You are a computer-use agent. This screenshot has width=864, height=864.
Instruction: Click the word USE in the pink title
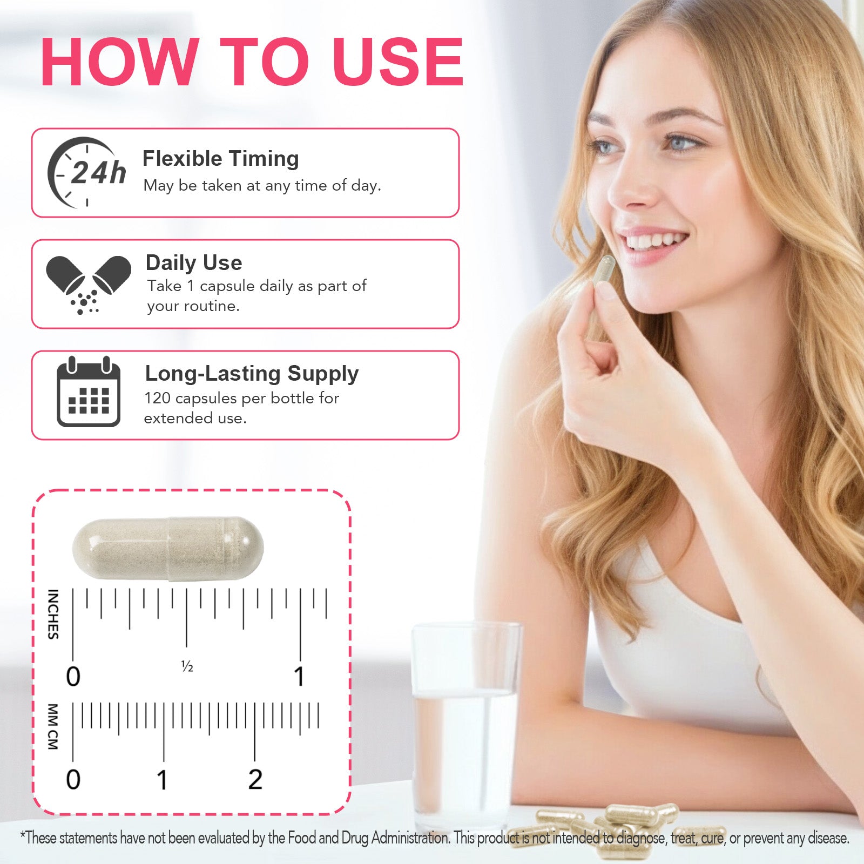pos(398,62)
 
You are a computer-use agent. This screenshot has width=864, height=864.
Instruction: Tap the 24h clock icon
pos(86,172)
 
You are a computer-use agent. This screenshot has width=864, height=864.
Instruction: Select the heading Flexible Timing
pos(220,159)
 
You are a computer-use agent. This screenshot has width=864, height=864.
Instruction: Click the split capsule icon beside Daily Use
pos(89,285)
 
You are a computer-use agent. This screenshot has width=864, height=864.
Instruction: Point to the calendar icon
pos(89,391)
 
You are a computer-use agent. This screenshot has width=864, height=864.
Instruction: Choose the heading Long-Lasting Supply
pos(252,374)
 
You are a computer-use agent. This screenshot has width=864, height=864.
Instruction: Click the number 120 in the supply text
pos(157,399)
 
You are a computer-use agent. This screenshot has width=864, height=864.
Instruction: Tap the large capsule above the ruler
pos(168,549)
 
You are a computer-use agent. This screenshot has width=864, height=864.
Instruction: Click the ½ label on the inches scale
pos(187,667)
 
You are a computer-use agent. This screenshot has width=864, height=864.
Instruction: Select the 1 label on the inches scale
pos(299,677)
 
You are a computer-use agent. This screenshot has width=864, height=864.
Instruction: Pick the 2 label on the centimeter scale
pos(255,780)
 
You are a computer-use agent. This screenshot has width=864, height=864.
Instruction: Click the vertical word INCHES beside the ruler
pos(53,614)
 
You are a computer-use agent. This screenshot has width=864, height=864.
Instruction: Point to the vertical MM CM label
pos(53,726)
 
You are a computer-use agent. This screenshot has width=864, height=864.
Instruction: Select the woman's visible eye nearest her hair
pos(682,144)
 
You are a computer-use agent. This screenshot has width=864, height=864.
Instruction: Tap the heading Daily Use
pos(194,263)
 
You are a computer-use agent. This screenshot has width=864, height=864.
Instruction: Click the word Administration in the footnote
pos(410,838)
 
